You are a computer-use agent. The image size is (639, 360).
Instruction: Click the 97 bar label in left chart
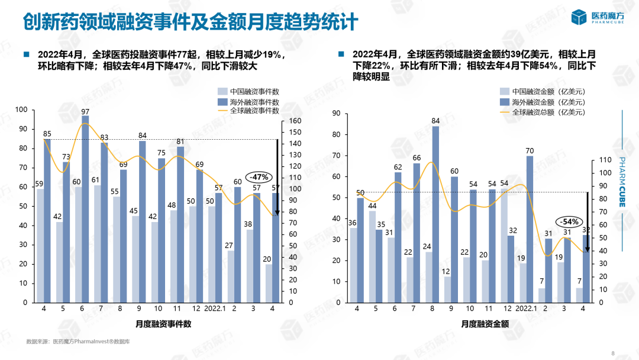pyautogui.click(x=85, y=112)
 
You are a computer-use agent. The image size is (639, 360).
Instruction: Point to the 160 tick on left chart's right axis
pyautogui.click(x=295, y=121)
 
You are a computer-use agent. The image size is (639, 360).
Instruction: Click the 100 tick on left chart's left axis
pyautogui.click(x=22, y=110)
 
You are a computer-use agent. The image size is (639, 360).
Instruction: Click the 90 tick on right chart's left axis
pyautogui.click(x=335, y=113)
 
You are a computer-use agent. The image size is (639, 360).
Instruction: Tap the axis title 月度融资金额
pyautogui.click(x=485, y=324)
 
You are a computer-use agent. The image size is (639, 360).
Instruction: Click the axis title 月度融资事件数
pyautogui.click(x=163, y=324)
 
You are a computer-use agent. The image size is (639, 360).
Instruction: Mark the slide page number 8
pyautogui.click(x=612, y=353)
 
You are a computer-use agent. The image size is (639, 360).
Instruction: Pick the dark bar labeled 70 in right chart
pyautogui.click(x=529, y=229)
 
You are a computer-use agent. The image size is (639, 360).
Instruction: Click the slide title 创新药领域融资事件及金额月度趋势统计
pyautogui.click(x=191, y=22)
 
